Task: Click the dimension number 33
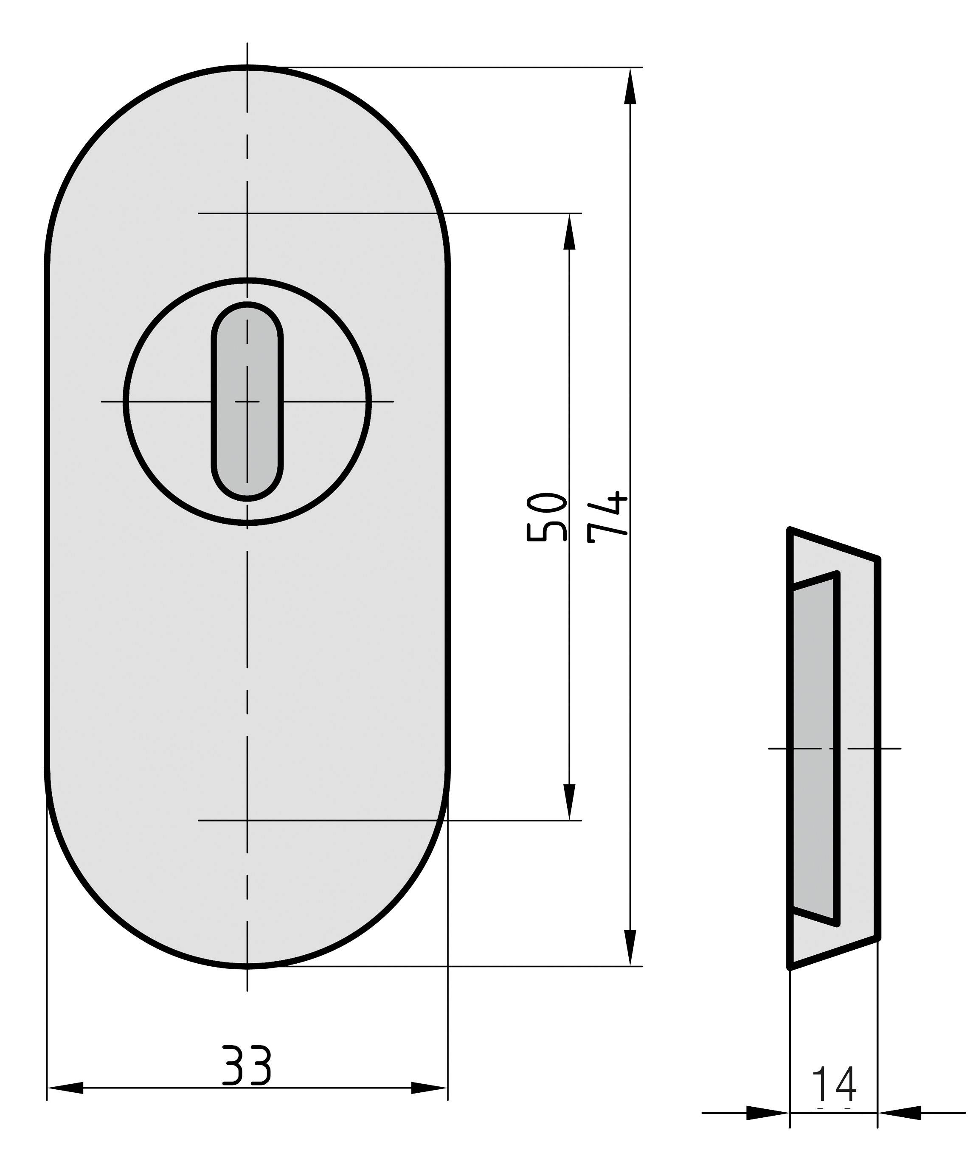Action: coord(246,1065)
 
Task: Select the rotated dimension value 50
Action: coord(546,516)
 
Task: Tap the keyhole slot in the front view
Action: coord(247,401)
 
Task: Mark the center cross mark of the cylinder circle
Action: coord(247,401)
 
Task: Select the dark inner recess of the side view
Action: coord(813,748)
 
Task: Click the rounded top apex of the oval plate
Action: coord(247,67)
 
